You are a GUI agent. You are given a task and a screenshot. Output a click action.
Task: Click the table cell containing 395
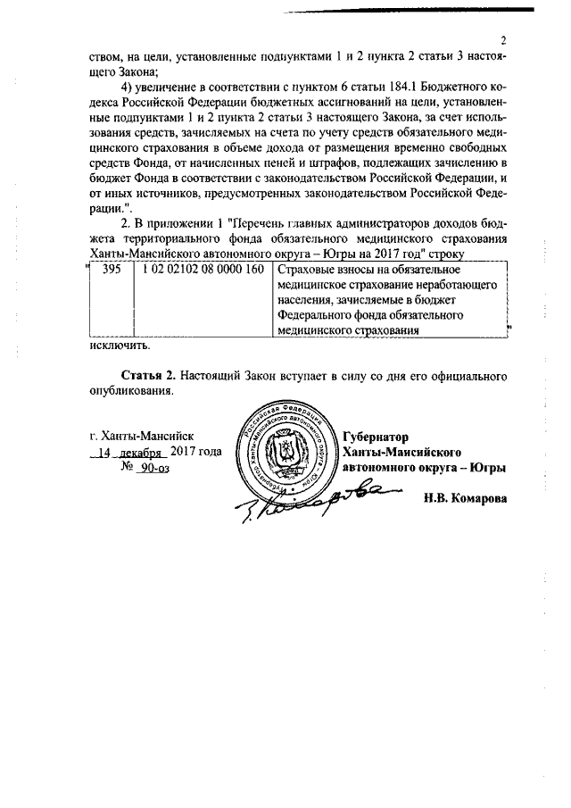point(112,270)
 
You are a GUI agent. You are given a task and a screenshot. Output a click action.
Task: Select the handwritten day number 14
point(107,452)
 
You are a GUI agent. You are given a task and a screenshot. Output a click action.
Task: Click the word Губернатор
point(375,437)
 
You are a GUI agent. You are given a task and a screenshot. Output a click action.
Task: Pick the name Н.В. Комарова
point(465,498)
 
